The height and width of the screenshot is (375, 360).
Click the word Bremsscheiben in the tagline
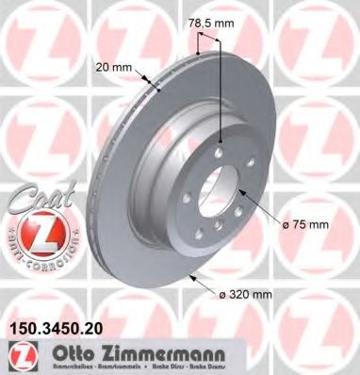tap(56, 367)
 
